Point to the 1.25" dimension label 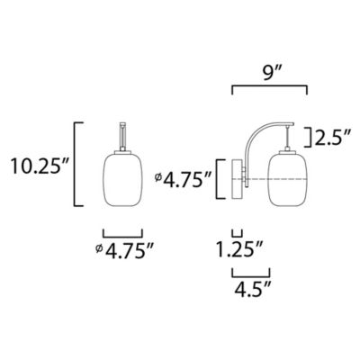240,249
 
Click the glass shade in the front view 122,179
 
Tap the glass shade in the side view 288,179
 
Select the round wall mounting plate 237,179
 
